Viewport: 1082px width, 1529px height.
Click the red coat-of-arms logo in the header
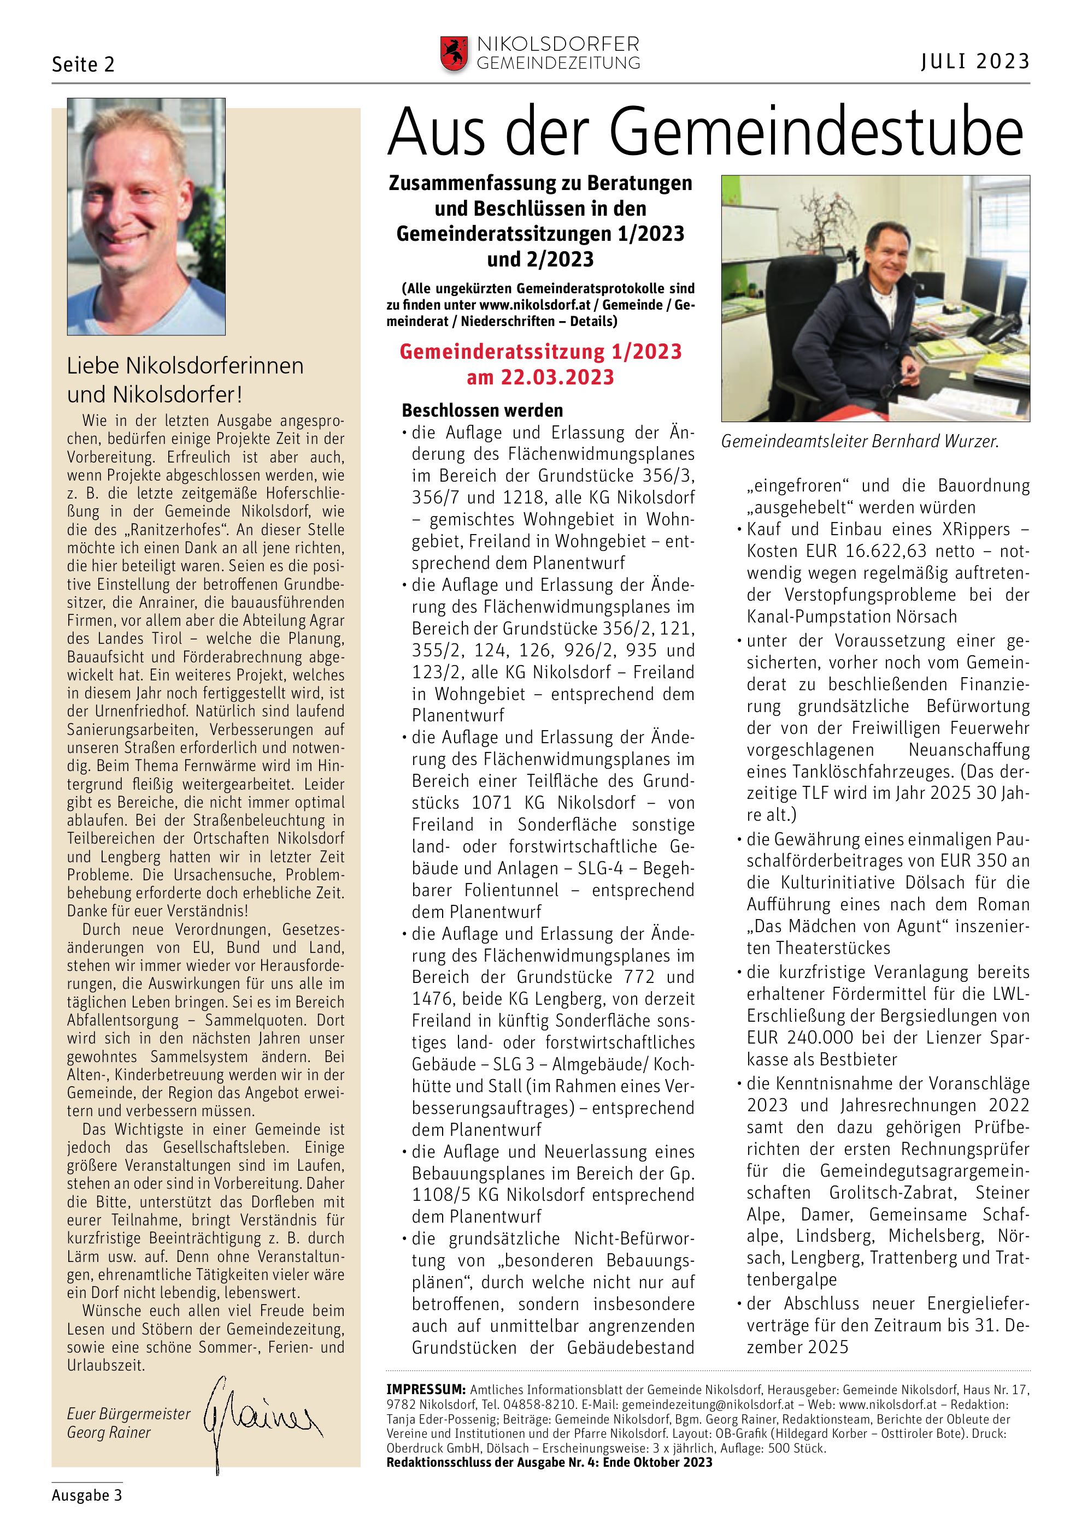454,54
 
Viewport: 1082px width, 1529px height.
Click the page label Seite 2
83,64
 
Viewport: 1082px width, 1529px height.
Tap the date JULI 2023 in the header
975,62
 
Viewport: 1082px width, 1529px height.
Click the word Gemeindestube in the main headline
816,133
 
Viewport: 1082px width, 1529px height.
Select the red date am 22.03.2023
540,377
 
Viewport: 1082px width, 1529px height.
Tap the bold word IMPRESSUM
426,1389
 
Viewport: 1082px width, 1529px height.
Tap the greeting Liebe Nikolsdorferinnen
185,366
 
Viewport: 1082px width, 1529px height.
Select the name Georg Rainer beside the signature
109,1432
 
